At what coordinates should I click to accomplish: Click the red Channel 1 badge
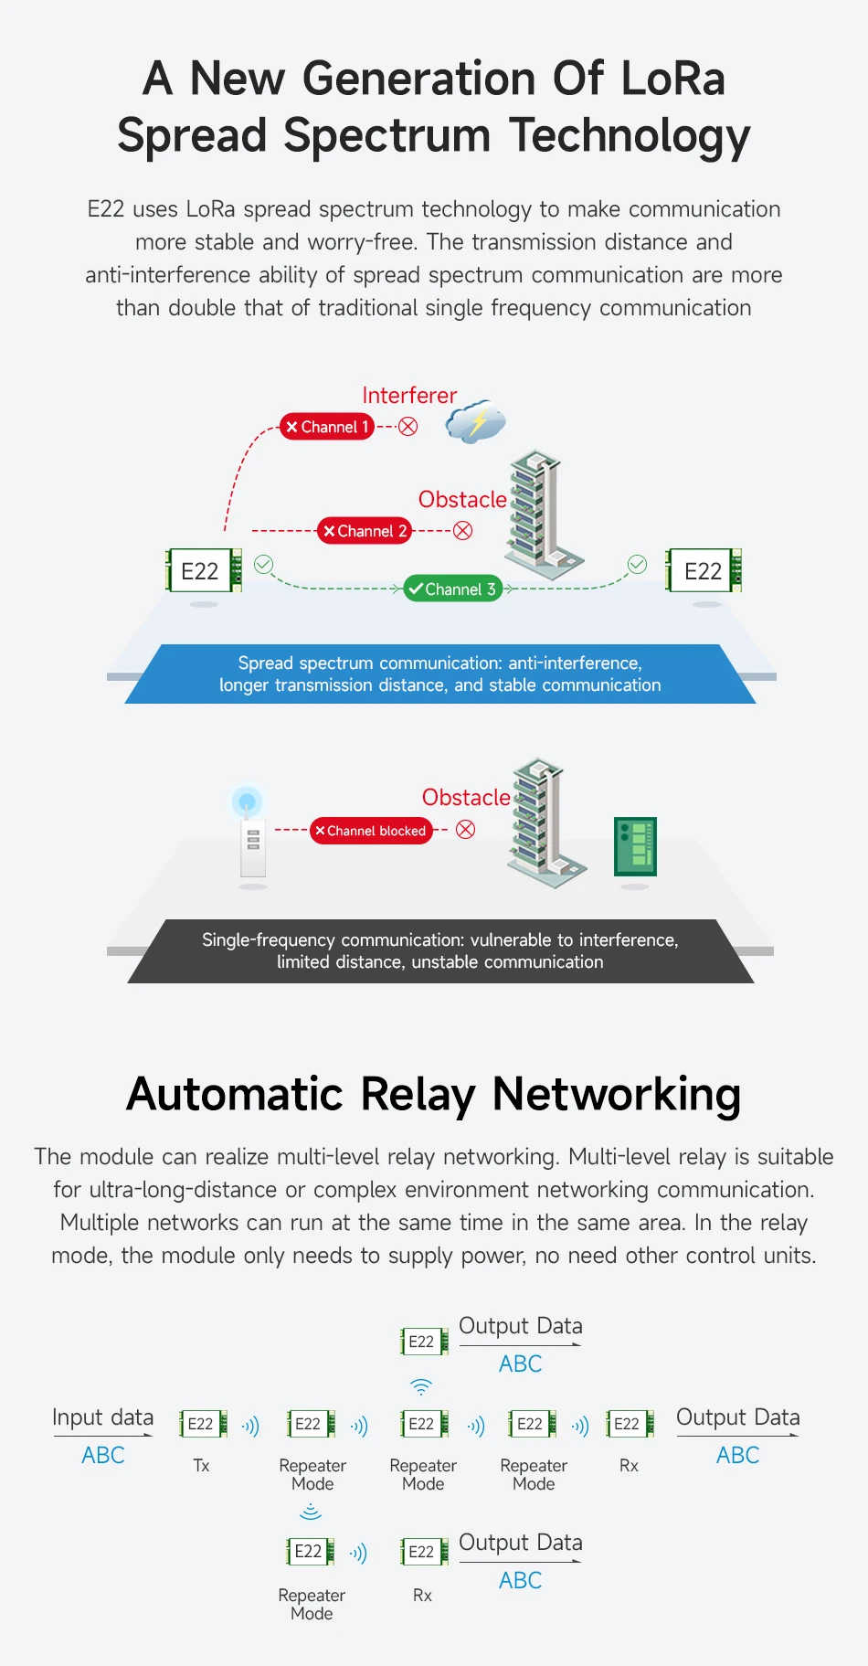click(327, 427)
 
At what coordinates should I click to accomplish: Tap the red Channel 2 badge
click(365, 531)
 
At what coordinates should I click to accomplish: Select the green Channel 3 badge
click(453, 589)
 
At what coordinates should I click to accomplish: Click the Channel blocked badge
click(371, 831)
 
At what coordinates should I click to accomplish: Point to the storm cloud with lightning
click(475, 421)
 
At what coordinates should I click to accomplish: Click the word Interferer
click(409, 396)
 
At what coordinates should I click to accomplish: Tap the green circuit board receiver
click(635, 846)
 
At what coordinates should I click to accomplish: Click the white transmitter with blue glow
click(249, 832)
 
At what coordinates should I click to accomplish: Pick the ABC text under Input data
click(103, 1455)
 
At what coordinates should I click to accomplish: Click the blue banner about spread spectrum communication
click(440, 674)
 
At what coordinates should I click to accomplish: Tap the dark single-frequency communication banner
click(440, 951)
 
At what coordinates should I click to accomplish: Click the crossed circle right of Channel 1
click(408, 427)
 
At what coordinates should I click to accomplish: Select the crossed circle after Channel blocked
click(466, 830)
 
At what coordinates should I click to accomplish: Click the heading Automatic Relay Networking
click(434, 1094)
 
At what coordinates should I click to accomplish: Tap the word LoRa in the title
click(673, 79)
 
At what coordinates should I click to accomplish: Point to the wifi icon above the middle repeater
click(421, 1386)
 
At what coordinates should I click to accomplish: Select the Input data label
click(103, 1417)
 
